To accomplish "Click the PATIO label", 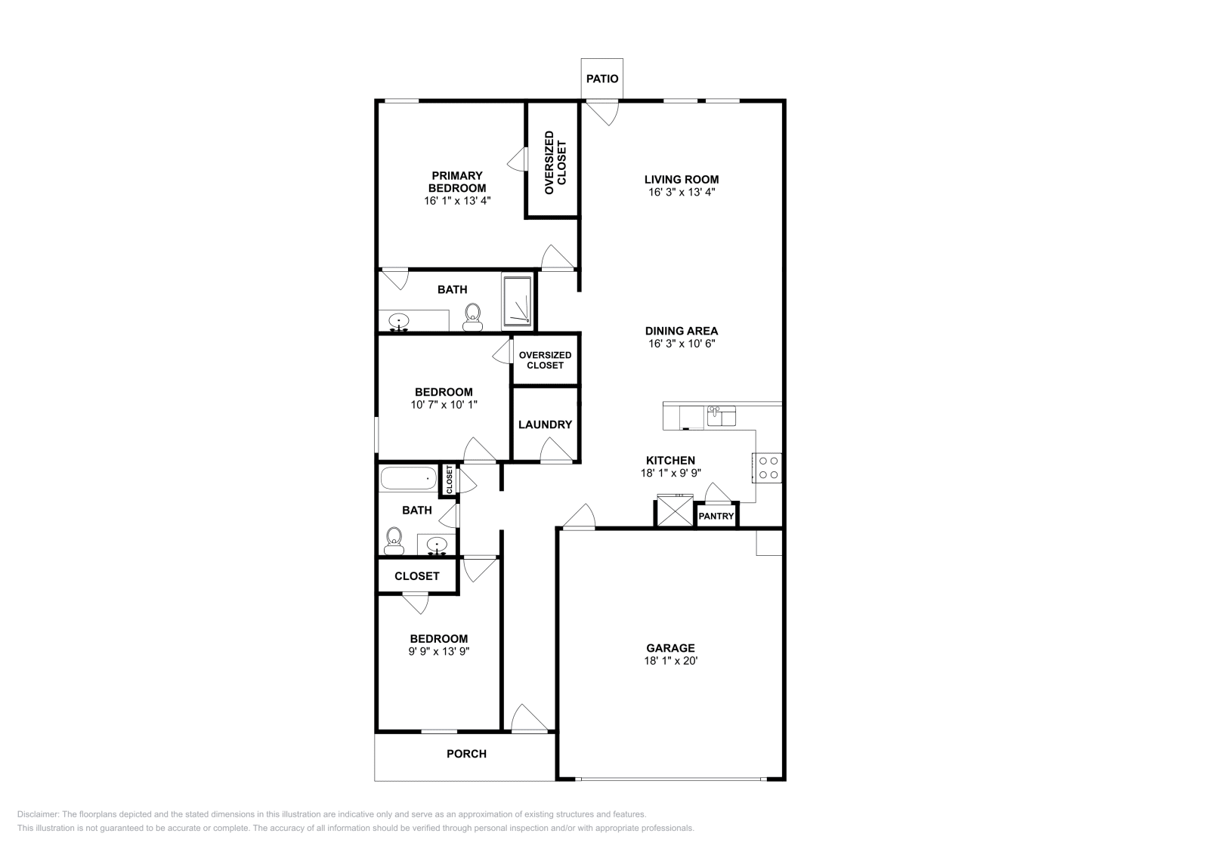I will pos(602,79).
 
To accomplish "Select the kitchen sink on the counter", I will pos(721,416).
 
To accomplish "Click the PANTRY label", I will pos(716,517).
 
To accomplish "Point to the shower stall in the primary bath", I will pos(518,301).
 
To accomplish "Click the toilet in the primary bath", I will pos(473,316).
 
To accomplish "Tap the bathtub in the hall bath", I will pos(408,478).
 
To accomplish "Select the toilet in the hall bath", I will pos(394,540).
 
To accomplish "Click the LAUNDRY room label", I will pos(545,424).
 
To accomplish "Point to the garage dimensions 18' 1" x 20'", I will pos(670,661).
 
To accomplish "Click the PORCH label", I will pos(466,754).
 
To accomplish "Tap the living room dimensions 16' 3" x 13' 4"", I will pos(682,192).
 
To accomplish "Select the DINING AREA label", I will pos(682,331).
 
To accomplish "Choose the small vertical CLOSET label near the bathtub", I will pos(450,480).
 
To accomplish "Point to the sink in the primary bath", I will pos(399,322).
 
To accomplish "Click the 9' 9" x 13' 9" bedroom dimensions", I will pos(439,651).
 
